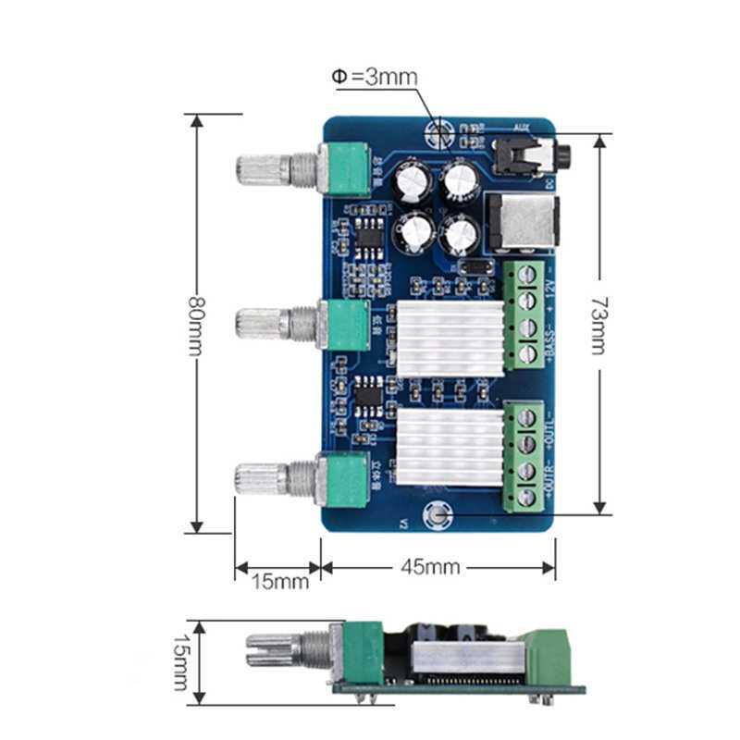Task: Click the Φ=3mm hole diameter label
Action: tap(375, 78)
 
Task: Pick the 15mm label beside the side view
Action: tap(186, 662)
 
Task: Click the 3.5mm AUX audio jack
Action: tap(523, 155)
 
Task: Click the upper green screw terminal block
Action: tap(528, 314)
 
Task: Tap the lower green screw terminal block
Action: tap(526, 459)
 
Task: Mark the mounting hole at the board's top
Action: tap(438, 131)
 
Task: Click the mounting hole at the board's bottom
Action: tap(435, 518)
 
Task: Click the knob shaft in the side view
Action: tap(277, 647)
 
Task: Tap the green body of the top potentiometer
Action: tap(347, 167)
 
